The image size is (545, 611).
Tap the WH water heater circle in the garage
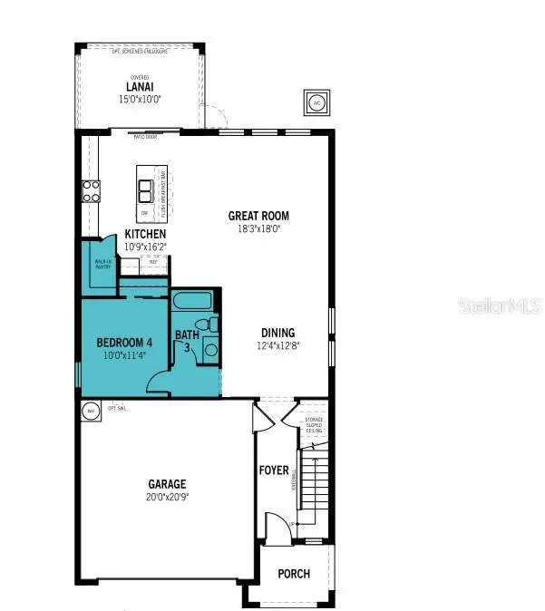(90, 411)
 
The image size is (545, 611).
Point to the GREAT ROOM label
(258, 216)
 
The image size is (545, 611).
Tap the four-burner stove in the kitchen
(92, 190)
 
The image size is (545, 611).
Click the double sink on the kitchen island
(145, 189)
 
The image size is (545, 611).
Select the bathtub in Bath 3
(190, 302)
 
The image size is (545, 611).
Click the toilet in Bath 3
(210, 324)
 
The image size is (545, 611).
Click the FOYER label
(274, 470)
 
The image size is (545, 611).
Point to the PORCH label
(293, 574)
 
